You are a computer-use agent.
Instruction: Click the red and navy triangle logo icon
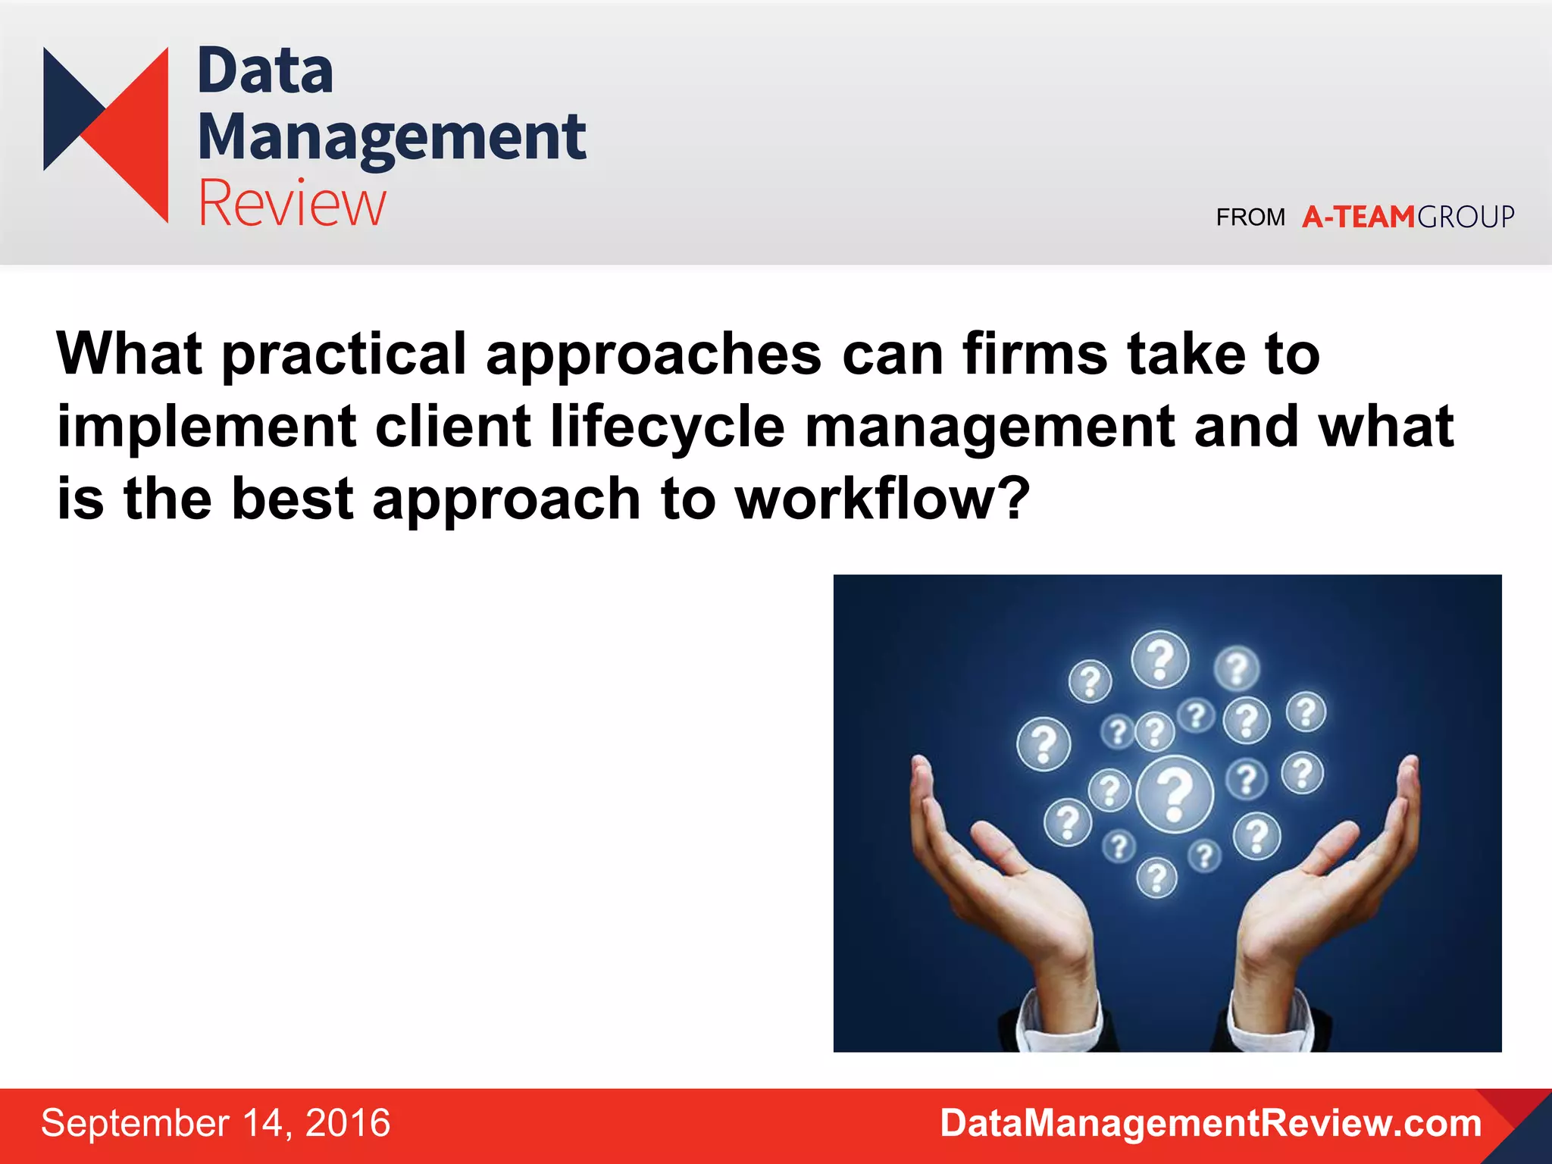pos(106,134)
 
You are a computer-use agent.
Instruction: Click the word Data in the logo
pos(265,71)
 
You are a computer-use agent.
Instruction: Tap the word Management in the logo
pos(392,138)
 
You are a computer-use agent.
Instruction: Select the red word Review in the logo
pos(292,203)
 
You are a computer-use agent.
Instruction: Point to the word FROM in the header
pos(1250,217)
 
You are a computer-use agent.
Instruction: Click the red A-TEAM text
pos(1358,217)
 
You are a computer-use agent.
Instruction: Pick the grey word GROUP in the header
pos(1466,217)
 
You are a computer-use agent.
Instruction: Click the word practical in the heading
pos(344,355)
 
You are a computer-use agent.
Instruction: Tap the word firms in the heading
pos(1034,353)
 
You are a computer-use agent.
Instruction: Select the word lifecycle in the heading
pos(667,427)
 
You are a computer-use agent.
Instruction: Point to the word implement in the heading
pos(206,427)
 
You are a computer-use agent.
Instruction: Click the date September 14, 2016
pos(215,1123)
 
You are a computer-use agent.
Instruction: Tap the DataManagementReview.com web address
pos(1210,1123)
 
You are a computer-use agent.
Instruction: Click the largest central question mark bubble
pos(1175,793)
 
